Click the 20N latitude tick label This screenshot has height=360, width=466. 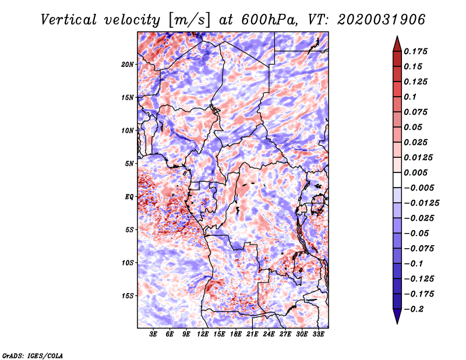128,65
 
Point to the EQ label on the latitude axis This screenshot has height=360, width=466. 129,197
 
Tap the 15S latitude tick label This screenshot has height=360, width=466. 128,296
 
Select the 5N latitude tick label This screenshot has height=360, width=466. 129,164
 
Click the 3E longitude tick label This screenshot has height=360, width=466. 153,334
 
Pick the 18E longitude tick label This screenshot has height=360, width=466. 236,334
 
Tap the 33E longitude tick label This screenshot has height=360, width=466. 318,334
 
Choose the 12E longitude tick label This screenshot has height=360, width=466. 203,334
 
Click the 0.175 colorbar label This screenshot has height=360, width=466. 415,51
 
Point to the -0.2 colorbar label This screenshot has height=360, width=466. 414,309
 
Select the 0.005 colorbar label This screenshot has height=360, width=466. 415,172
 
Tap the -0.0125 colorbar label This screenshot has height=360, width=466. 421,203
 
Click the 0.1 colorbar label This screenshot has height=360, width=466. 410,97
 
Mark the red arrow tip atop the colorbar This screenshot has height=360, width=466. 397,36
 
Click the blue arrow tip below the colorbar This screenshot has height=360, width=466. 397,323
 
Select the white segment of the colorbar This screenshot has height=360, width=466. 397,180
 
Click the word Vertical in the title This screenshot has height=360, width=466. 68,20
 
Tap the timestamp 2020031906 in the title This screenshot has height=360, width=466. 381,20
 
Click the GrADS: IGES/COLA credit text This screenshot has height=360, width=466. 33,355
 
